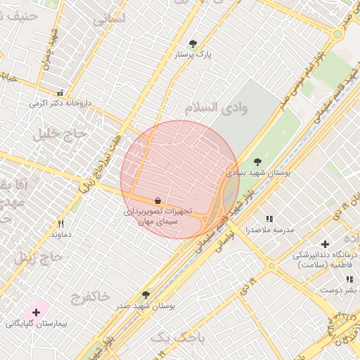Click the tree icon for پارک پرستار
[x=193, y=43]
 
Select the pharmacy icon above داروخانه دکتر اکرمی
[x=60, y=93]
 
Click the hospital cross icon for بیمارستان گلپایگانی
[x=36, y=311]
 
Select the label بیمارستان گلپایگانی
[x=35, y=324]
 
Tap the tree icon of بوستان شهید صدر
[x=146, y=295]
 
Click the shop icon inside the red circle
[x=158, y=200]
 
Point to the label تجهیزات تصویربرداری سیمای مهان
[x=157, y=216]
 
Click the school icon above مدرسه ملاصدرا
[x=269, y=219]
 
